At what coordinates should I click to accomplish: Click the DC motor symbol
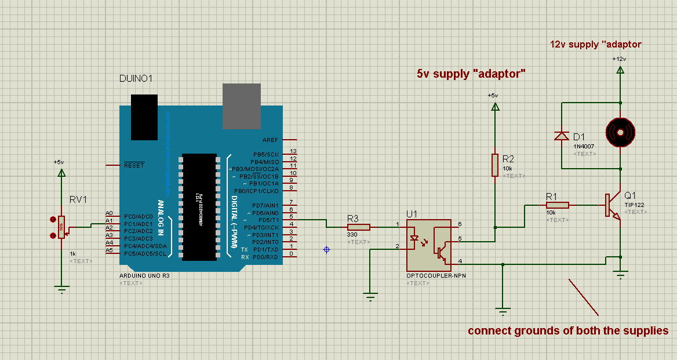tap(620, 132)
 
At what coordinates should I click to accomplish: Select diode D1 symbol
tap(561, 136)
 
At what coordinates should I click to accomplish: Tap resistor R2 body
tap(495, 165)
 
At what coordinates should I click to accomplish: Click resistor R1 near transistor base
tap(558, 205)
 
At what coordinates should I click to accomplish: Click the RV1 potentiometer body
tap(61, 227)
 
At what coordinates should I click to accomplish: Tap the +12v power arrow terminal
tap(620, 70)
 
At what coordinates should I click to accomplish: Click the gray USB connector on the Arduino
tap(242, 106)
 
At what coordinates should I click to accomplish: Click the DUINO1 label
tap(136, 78)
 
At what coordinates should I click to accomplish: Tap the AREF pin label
tap(270, 140)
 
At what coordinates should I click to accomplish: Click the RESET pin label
tap(134, 165)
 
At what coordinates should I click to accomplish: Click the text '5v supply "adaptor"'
tap(471, 74)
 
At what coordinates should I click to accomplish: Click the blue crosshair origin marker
tap(326, 249)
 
